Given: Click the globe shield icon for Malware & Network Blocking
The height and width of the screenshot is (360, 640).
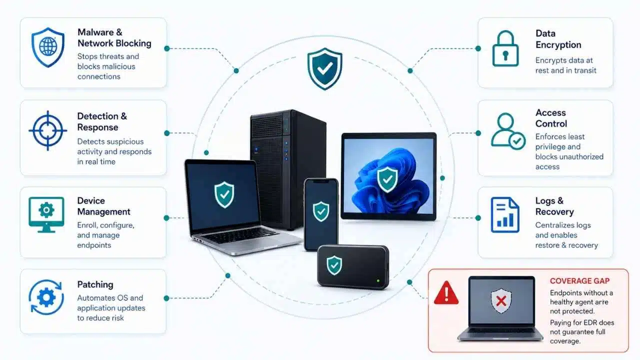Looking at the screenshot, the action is pos(47,47).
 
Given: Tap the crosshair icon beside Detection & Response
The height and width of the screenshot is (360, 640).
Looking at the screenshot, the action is pos(47,130).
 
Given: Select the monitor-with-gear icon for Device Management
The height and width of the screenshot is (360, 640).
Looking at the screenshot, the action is pos(46,214).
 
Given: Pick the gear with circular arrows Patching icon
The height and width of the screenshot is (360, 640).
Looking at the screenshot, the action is pos(46,297).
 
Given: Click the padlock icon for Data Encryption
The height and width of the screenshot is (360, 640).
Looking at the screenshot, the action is pos(505,48).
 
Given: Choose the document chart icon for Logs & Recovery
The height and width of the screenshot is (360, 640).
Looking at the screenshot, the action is pos(505,215).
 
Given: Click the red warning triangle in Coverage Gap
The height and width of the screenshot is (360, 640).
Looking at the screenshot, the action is pos(446,293).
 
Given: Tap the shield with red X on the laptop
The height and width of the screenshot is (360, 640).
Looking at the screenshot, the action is pos(501,300).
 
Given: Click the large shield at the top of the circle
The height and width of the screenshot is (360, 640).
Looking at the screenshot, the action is pos(324,68).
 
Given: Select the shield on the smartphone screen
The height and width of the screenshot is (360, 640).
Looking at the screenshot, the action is pos(321,211).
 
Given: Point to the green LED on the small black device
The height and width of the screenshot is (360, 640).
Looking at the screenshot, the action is pos(378,281).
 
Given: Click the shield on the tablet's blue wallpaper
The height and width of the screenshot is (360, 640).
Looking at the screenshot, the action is pos(387,179).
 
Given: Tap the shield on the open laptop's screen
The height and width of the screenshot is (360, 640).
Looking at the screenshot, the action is pos(224,194).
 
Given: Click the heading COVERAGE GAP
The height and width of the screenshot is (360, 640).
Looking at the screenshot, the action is pos(579,281).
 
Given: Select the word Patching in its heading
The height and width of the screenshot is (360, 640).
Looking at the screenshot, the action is pos(95,284).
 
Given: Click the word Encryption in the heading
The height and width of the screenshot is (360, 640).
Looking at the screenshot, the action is pos(558,45).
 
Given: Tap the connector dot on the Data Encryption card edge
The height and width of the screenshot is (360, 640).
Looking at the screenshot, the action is pos(478,48).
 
